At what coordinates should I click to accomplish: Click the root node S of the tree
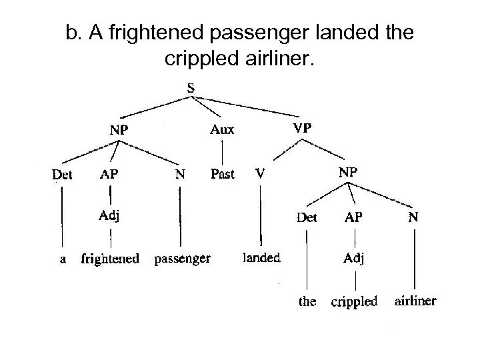pyautogui.click(x=191, y=88)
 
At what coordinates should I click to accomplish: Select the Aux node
pyautogui.click(x=222, y=129)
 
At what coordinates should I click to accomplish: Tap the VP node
pyautogui.click(x=304, y=127)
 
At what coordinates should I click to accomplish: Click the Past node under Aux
pyautogui.click(x=222, y=174)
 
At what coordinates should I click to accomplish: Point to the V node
pyautogui.click(x=261, y=173)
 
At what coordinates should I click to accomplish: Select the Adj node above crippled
pyautogui.click(x=354, y=258)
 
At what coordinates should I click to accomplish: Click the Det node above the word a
pyautogui.click(x=62, y=175)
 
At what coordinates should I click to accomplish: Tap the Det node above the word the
pyautogui.click(x=307, y=216)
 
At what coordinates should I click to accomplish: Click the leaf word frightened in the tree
pyautogui.click(x=109, y=258)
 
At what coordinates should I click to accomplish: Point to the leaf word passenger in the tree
pyautogui.click(x=182, y=257)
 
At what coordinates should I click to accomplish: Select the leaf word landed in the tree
pyautogui.click(x=261, y=257)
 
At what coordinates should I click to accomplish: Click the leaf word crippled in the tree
pyautogui.click(x=354, y=301)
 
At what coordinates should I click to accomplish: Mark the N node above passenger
pyautogui.click(x=180, y=175)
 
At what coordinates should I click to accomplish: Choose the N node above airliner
pyautogui.click(x=415, y=216)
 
